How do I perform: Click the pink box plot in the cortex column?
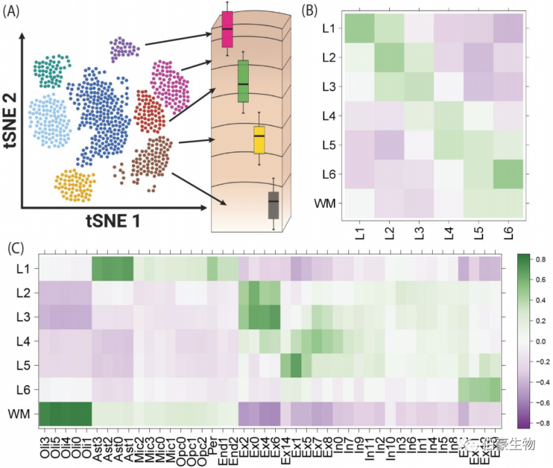[227, 30]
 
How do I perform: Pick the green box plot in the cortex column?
[243, 82]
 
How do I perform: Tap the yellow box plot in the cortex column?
[259, 140]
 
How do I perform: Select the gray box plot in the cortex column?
[274, 205]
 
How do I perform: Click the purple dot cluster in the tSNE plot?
[124, 49]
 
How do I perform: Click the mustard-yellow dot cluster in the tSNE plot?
[75, 186]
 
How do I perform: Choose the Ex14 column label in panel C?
[285, 442]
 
